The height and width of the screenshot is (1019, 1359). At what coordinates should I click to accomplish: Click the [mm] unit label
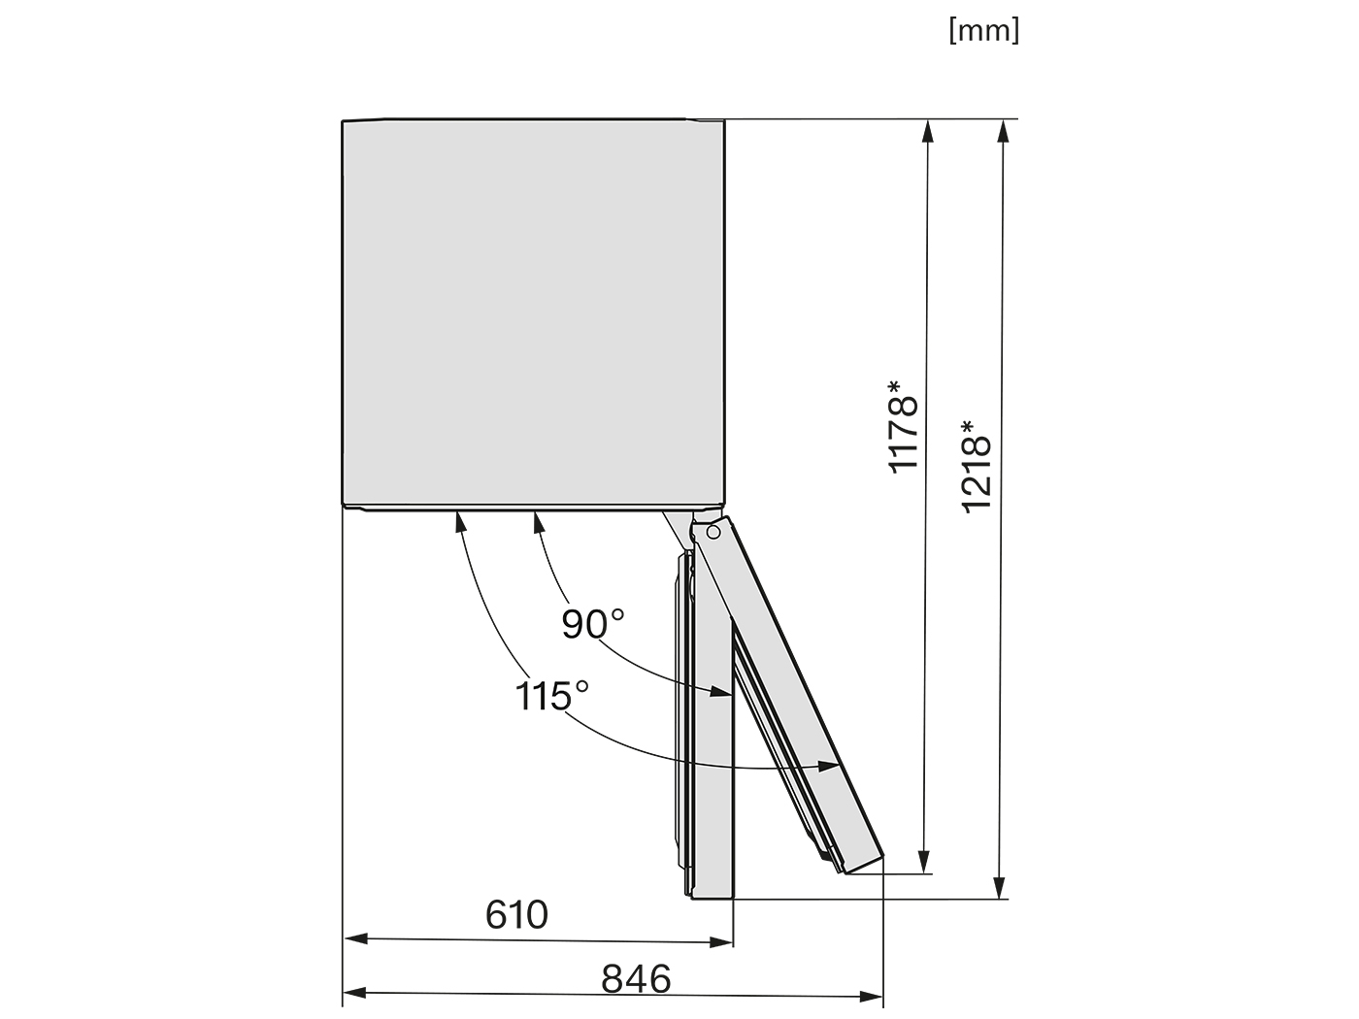[x=983, y=31]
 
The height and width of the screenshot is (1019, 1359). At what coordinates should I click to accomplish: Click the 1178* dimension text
[x=903, y=427]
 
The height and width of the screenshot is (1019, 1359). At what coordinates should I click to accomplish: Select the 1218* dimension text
[x=977, y=466]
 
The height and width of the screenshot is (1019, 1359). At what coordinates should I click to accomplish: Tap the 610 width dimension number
[x=516, y=914]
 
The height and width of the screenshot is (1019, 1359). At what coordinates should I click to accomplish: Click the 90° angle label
[x=592, y=624]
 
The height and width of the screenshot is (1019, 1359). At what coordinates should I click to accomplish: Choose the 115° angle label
[x=551, y=696]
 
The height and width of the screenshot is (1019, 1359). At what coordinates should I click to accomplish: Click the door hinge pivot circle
[x=713, y=532]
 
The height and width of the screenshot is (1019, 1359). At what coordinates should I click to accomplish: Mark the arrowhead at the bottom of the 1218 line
[x=999, y=888]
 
